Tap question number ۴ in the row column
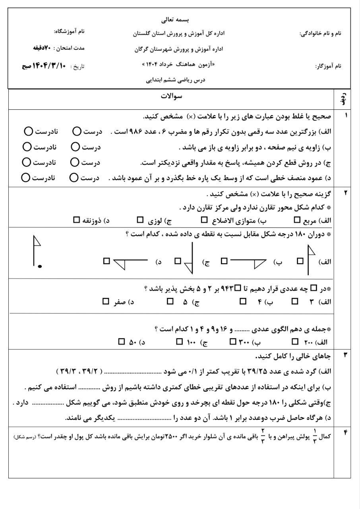click(x=345, y=433)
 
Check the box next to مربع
click(x=297, y=220)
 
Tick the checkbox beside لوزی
click(x=140, y=220)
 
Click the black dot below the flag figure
click(x=40, y=266)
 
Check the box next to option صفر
click(x=105, y=302)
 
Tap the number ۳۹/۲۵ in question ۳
click(x=261, y=371)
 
